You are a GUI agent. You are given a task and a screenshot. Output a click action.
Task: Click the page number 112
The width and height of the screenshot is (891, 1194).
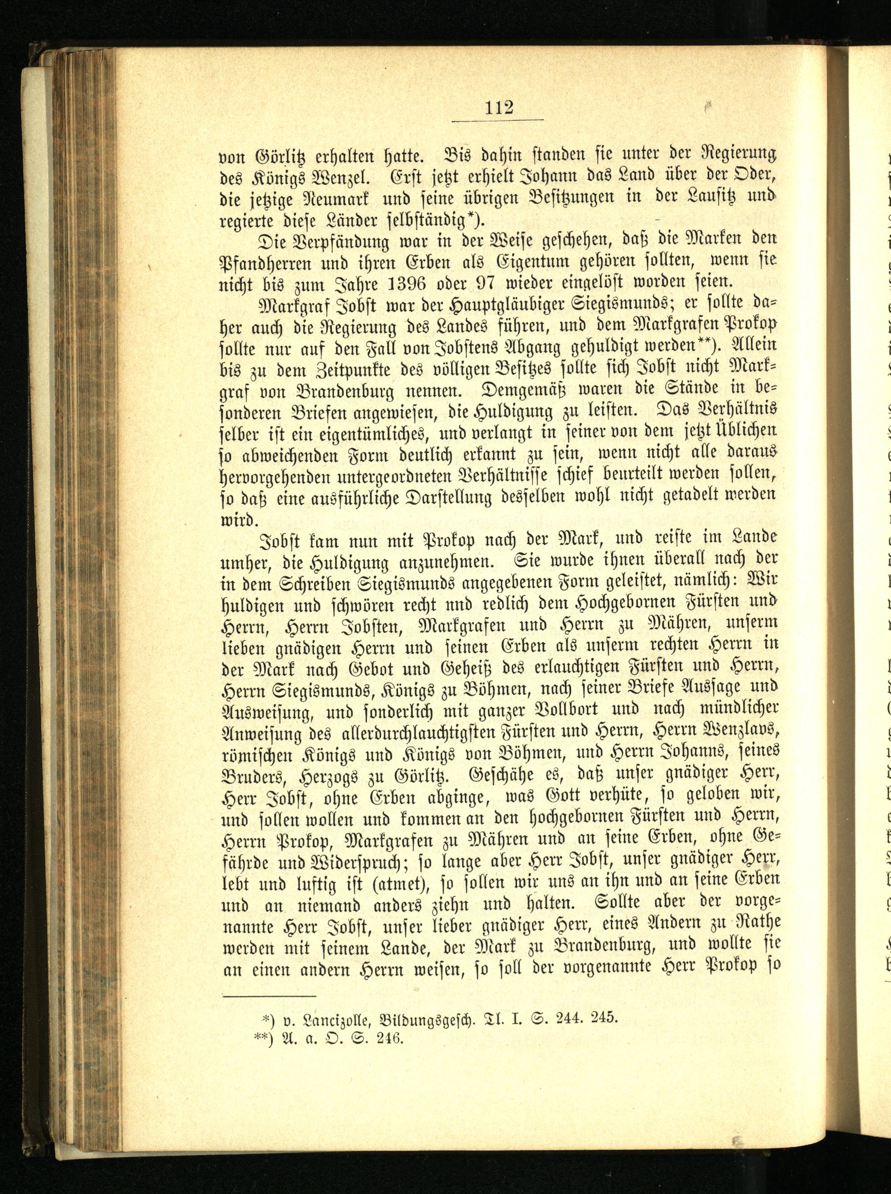coord(499,108)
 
